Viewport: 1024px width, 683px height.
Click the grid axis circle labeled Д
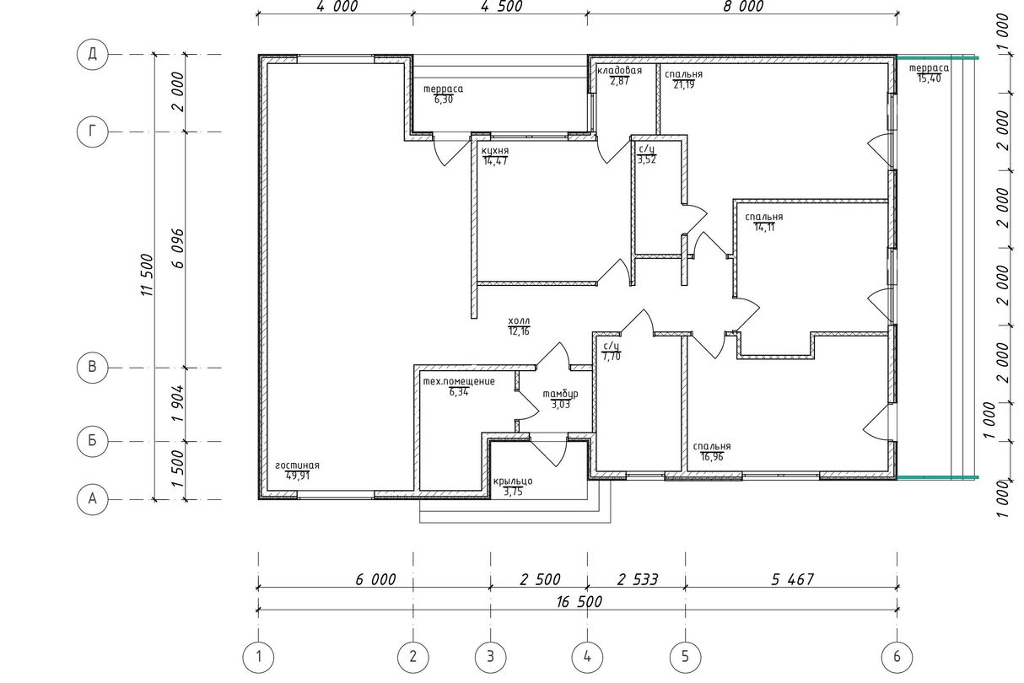point(92,54)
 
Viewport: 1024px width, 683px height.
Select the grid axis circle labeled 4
point(587,657)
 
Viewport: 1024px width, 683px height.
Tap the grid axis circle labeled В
point(92,368)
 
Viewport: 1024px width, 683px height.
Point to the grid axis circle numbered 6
point(897,657)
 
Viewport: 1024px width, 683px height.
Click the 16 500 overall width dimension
point(579,602)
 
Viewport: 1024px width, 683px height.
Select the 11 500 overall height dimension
point(148,275)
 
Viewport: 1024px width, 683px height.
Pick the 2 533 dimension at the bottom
point(637,580)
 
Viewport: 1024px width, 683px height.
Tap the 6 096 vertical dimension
point(178,249)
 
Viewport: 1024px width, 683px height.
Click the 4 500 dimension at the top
point(502,7)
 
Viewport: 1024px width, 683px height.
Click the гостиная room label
point(297,465)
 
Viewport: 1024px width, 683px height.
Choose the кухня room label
point(495,151)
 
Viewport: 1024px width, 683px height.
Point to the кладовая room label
point(619,70)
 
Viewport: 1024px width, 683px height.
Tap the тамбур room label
point(560,394)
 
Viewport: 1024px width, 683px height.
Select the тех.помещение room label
point(459,381)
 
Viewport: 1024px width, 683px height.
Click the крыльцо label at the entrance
point(513,481)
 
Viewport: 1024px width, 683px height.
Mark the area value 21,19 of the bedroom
point(684,84)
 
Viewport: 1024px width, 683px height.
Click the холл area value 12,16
point(519,331)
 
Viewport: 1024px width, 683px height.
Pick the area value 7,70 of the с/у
point(612,357)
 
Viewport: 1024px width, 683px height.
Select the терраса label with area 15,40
point(929,68)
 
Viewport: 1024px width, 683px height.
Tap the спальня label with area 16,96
point(712,446)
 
